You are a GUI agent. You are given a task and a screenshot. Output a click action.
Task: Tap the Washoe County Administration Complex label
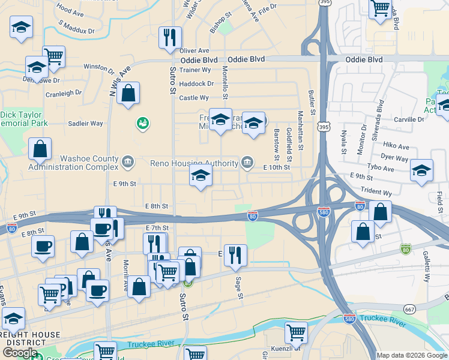coord(76,163)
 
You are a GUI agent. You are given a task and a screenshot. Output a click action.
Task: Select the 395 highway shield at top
coord(324,3)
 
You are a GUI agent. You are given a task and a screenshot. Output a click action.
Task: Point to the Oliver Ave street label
coord(194,51)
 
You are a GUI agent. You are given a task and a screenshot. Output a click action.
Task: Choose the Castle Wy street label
coord(194,98)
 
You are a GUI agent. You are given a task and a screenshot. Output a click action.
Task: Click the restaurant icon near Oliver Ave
coord(170,37)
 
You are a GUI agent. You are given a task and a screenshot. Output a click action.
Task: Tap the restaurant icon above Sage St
coord(235,255)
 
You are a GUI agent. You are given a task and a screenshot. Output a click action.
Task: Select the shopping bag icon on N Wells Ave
coord(128,93)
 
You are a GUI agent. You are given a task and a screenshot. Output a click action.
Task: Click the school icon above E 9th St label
coord(200,176)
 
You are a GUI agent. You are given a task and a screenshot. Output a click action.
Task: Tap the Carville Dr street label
coord(411,120)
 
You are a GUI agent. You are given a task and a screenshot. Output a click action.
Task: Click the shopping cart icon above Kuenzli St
coord(296,332)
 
